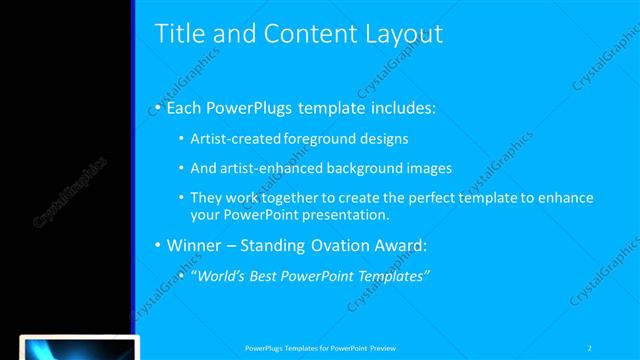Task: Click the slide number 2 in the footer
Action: pyautogui.click(x=590, y=347)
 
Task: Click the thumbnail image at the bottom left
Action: pyautogui.click(x=79, y=349)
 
